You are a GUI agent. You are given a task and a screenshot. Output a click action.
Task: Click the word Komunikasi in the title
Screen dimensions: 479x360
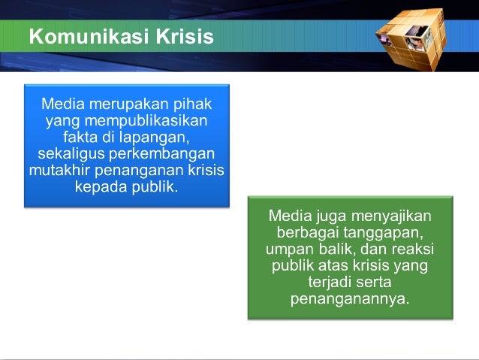click(x=89, y=36)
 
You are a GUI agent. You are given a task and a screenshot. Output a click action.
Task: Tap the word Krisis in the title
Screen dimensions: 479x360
click(x=185, y=36)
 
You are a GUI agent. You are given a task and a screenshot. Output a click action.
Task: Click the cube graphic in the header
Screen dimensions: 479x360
click(x=411, y=40)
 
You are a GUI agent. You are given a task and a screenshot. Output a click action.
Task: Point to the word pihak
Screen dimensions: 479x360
click(x=192, y=104)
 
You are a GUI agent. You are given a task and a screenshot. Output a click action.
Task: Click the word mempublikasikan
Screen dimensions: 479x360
click(x=146, y=120)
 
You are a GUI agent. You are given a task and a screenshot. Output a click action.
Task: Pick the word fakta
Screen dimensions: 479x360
click(x=80, y=137)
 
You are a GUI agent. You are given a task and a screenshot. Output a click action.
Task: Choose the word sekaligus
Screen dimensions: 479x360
click(x=71, y=153)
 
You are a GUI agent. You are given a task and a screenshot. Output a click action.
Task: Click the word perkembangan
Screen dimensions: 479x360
click(x=162, y=153)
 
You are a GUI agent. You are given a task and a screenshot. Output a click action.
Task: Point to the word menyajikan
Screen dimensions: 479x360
click(x=391, y=216)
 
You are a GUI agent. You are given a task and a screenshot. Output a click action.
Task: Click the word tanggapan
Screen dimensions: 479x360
click(x=384, y=233)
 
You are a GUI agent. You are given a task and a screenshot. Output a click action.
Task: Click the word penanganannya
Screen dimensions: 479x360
click(x=350, y=299)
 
